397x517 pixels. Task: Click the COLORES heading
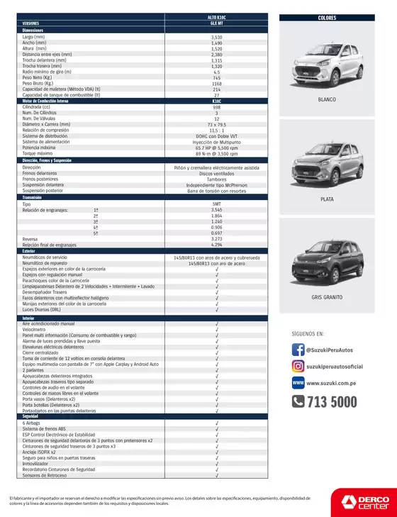(x=327, y=18)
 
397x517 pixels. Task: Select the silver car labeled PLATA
(x=327, y=161)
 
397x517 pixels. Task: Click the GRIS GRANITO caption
(x=327, y=298)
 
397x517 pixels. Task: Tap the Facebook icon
(x=298, y=350)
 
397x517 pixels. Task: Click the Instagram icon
(x=298, y=366)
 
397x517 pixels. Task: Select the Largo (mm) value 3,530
(x=216, y=37)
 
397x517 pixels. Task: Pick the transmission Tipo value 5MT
(x=216, y=204)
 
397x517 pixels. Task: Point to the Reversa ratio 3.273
(x=216, y=239)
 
